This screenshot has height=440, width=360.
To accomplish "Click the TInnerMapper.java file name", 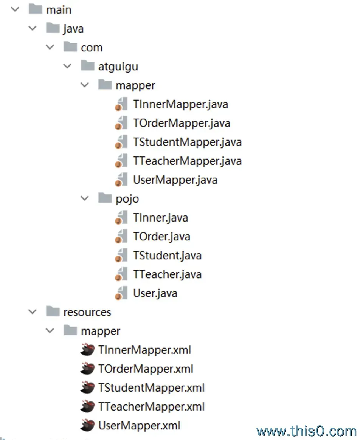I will [180, 104].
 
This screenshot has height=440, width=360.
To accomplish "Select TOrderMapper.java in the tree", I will [182, 123].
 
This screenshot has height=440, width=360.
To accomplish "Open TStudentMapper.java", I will [187, 142].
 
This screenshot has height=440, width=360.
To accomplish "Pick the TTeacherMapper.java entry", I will [187, 161].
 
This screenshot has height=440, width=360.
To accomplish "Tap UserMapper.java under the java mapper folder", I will [175, 180].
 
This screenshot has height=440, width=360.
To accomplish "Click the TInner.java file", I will [160, 218].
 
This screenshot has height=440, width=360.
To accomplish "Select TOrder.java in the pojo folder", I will [161, 237].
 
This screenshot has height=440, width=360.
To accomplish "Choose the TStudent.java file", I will [167, 256].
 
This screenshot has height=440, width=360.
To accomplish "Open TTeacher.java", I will [167, 274].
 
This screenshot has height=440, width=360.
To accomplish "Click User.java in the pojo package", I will [155, 293].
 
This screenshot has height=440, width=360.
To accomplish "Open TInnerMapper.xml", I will [144, 350].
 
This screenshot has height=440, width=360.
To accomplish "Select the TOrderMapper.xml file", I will [146, 369].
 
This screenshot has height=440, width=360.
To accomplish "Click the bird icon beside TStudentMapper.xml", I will [87, 388].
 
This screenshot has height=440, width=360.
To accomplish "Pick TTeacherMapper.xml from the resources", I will [151, 407].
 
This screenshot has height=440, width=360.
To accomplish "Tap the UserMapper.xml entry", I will [139, 426].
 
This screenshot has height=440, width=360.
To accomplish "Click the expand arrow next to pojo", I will [85, 198].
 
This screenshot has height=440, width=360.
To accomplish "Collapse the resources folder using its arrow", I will [33, 312].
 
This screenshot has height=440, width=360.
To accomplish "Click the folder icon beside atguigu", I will [88, 66].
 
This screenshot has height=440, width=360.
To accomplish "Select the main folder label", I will [59, 9].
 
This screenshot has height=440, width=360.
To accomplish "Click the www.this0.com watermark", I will [306, 431].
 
